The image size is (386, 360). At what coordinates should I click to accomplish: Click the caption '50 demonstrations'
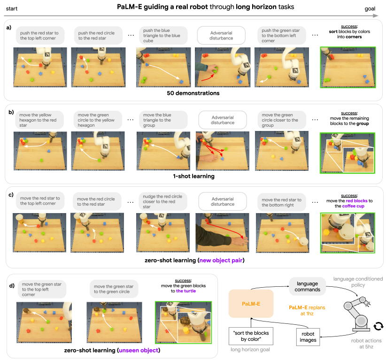coord(193,93)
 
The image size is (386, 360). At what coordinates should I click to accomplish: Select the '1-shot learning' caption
coord(193,176)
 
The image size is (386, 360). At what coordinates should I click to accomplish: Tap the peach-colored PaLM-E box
coord(251,304)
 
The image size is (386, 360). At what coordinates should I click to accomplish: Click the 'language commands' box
coord(307,286)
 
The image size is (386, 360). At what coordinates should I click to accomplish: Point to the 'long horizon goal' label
coord(250,350)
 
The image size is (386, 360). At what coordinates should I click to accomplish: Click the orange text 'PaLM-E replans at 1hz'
coord(307,310)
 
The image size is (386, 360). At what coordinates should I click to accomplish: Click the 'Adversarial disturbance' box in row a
coord(221,35)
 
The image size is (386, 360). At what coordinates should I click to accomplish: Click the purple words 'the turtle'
coord(186,291)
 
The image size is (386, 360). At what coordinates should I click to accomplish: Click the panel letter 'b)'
coord(10,113)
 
